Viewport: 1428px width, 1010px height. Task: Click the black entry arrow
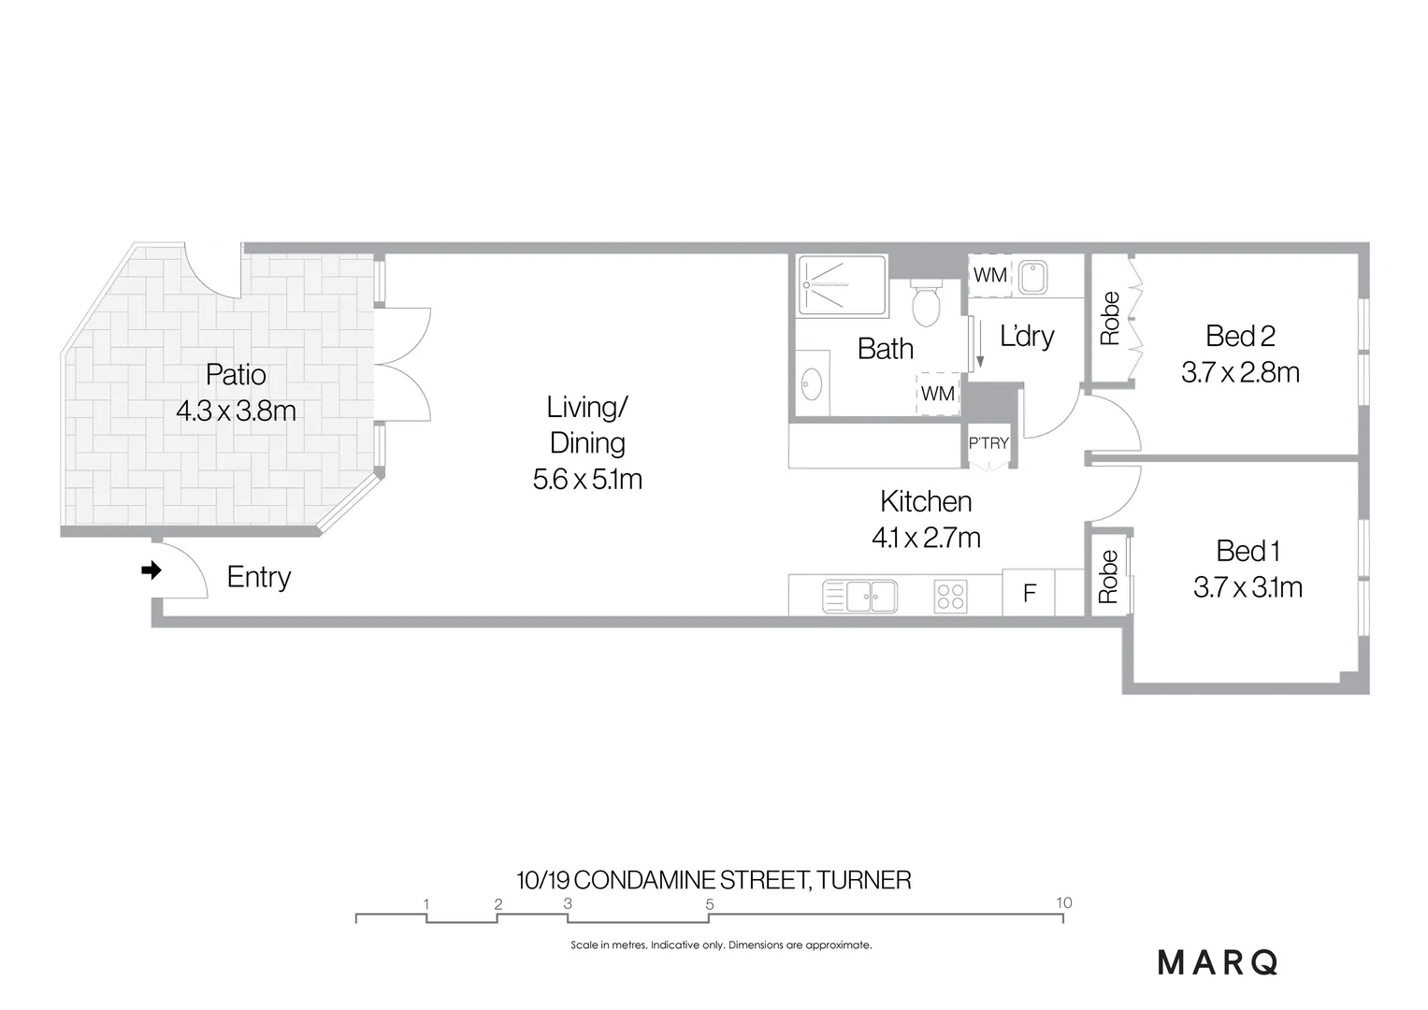point(151,570)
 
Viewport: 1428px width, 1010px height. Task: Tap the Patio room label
point(236,375)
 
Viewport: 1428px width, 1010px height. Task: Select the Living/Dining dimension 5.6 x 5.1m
point(587,480)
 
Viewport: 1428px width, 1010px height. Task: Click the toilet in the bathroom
point(925,304)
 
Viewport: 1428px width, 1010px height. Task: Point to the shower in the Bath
point(841,284)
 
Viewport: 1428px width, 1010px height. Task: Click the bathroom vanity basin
point(812,383)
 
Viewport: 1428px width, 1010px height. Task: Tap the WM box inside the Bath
point(937,394)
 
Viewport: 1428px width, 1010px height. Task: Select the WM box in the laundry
point(989,275)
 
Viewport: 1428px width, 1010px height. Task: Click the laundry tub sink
point(1033,277)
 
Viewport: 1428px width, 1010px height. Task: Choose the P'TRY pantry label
point(988,443)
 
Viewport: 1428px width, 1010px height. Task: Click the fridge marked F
point(1029,593)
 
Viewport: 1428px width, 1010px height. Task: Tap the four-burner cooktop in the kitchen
point(950,596)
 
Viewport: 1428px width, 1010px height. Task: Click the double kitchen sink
point(859,596)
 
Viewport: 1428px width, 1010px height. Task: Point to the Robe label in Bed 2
point(1110,319)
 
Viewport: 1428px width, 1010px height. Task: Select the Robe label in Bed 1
point(1108,576)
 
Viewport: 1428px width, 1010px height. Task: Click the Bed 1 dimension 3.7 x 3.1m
point(1248,587)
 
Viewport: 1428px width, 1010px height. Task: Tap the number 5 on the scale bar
point(710,904)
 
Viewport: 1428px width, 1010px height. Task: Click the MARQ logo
point(1218,962)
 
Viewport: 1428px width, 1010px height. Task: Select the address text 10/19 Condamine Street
point(714,880)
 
